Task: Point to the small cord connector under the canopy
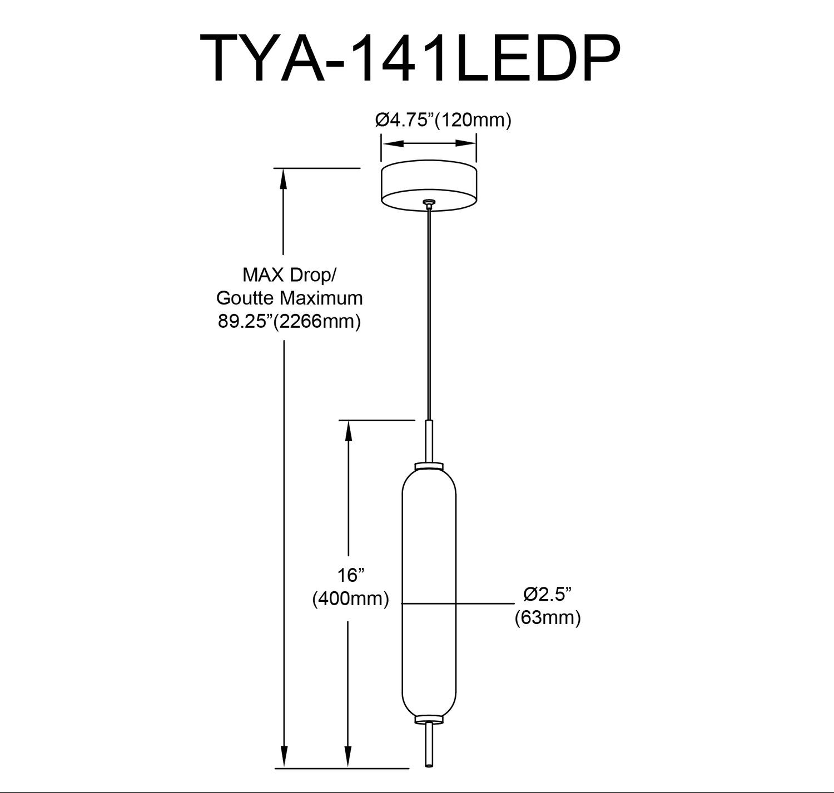428,204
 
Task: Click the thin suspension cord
428,311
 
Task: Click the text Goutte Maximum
290,298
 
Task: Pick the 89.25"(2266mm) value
290,322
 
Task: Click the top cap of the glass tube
429,465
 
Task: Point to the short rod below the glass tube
429,742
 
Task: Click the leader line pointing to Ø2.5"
484,603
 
